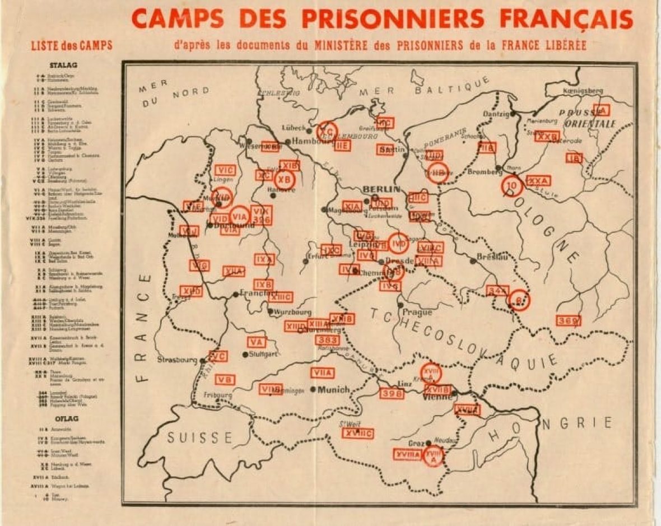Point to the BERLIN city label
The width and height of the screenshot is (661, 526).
click(381, 189)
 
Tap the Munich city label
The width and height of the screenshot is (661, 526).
click(333, 389)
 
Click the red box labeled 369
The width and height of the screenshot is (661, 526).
click(568, 320)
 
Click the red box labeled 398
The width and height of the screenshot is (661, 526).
click(392, 393)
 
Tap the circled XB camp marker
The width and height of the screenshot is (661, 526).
click(284, 179)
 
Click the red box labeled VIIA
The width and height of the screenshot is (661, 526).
click(322, 373)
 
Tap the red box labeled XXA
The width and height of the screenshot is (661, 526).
click(538, 180)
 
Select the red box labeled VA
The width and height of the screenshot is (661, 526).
click(257, 342)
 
